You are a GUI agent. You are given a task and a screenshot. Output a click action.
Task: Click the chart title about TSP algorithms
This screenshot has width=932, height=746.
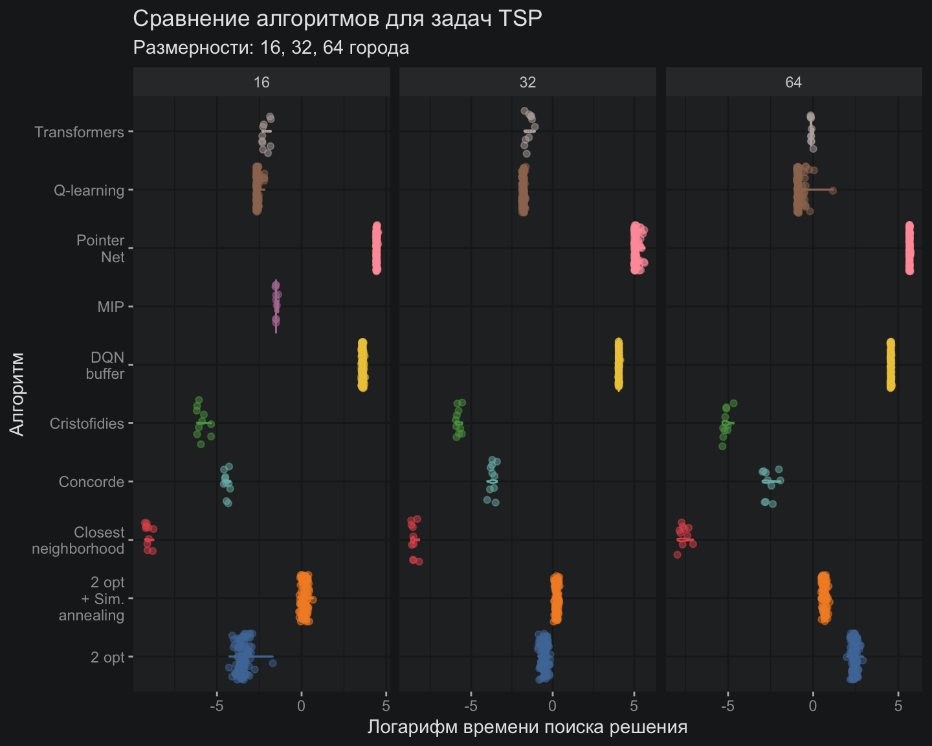pos(337,19)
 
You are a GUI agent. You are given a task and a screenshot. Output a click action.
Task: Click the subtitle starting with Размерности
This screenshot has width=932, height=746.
pos(271,48)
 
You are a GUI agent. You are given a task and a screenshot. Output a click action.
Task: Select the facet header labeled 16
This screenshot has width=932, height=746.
pos(261,82)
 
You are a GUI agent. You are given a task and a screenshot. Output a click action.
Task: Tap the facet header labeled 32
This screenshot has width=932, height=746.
pos(527,82)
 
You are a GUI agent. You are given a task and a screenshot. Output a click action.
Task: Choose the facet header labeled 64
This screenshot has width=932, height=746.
pos(793,82)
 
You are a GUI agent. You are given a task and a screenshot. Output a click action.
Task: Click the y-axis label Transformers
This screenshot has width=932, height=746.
pos(79,132)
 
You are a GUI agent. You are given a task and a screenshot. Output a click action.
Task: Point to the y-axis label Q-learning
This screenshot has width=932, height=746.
pos(89,190)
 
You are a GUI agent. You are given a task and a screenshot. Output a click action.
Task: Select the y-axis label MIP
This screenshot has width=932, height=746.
pos(111,307)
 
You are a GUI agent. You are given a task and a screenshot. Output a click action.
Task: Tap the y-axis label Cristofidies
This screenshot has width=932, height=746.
pos(87,424)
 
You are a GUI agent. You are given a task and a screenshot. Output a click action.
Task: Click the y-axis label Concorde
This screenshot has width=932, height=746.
pos(91,482)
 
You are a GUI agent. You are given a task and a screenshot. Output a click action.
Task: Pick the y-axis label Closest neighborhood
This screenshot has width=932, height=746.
pos(78,541)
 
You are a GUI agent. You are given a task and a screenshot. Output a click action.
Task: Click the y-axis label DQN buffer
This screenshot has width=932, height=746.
pos(105,366)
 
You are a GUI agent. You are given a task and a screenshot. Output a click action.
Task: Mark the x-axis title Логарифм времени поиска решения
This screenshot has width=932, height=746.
pos(527,727)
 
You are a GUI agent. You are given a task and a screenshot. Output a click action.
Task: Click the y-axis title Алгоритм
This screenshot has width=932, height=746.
pos(17,394)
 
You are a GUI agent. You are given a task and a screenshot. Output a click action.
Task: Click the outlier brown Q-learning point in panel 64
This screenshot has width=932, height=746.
pos(833,190)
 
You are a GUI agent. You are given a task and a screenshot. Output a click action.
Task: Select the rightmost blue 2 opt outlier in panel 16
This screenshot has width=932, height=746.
pos(272,662)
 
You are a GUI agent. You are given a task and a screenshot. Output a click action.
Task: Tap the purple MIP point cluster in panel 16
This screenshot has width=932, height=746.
pos(276,304)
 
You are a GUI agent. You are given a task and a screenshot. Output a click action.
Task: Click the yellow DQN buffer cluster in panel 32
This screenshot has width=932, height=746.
pos(619,365)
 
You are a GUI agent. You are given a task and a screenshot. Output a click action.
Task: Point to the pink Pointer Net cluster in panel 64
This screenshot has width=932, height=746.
pos(909,248)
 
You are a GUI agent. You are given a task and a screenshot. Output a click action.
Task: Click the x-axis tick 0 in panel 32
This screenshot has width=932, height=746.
pos(552,706)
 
